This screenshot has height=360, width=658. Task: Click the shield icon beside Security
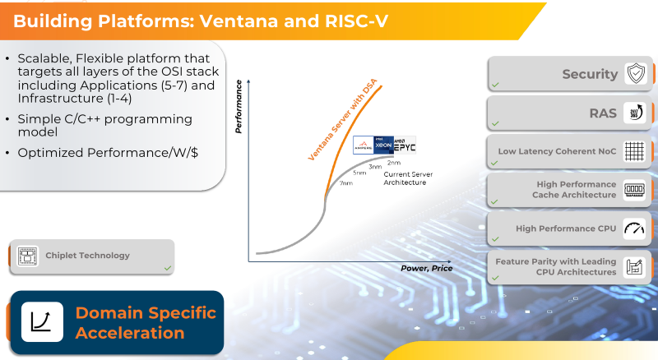click(636, 74)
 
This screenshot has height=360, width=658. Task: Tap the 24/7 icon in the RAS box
click(636, 113)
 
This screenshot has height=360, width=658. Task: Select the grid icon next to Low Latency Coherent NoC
click(634, 151)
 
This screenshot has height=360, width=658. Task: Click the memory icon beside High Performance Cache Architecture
click(634, 190)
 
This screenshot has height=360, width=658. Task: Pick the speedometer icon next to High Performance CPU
click(634, 228)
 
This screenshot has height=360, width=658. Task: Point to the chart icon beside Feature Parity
click(634, 267)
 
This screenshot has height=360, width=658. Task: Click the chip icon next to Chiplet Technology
click(27, 256)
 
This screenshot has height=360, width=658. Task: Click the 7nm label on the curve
click(346, 183)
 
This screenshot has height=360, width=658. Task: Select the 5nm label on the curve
click(360, 173)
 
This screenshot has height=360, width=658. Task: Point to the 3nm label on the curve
click(375, 167)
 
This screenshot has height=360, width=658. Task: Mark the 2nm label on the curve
click(393, 163)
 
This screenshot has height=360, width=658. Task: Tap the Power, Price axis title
click(426, 268)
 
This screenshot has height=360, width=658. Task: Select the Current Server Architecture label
click(408, 178)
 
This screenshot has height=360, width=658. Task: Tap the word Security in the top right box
click(590, 74)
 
